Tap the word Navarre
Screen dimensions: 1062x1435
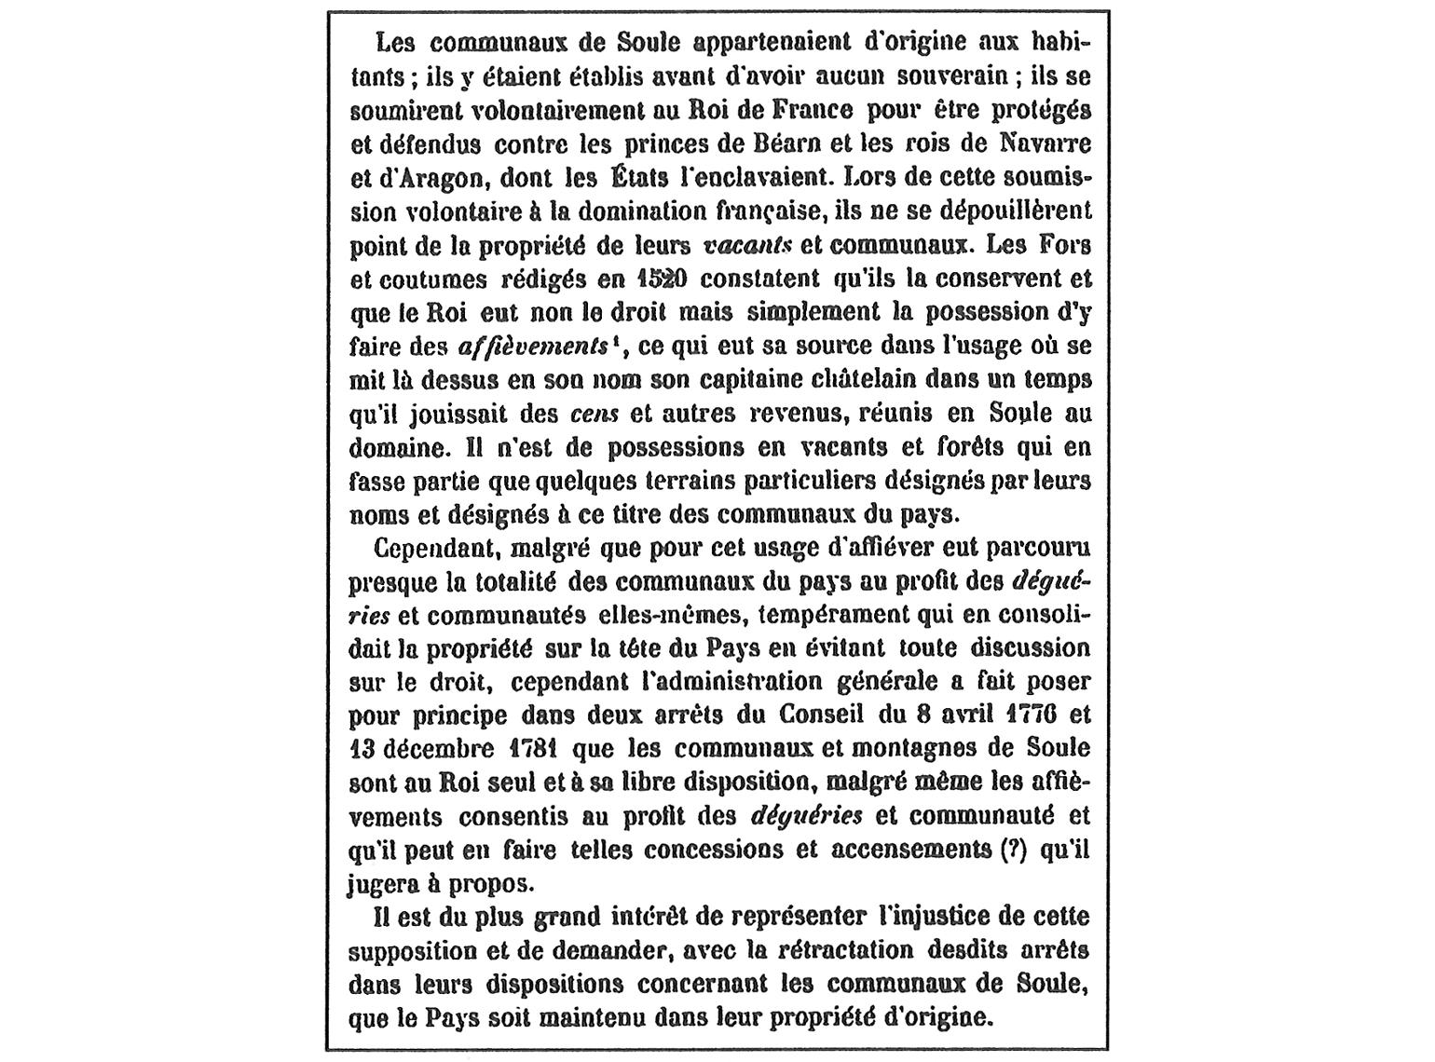point(1044,144)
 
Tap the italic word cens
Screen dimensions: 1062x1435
point(594,414)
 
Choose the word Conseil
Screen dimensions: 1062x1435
point(825,715)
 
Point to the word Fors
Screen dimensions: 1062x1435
point(1066,245)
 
